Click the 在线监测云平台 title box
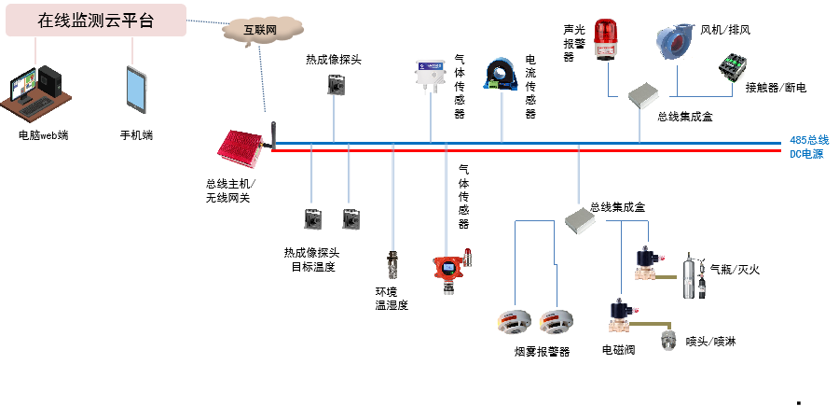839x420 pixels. click(x=95, y=21)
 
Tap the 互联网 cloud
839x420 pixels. click(x=261, y=30)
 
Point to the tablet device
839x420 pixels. click(x=136, y=90)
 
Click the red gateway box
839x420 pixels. click(x=242, y=150)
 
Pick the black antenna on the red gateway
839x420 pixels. click(x=273, y=134)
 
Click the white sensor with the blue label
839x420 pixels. click(x=431, y=75)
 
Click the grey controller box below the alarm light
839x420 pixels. click(x=643, y=95)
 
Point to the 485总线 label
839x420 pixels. click(x=808, y=140)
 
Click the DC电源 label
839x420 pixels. click(x=806, y=154)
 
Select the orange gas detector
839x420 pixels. click(x=448, y=273)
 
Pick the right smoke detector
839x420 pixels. click(x=557, y=321)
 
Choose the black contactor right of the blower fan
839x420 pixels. click(x=731, y=69)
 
